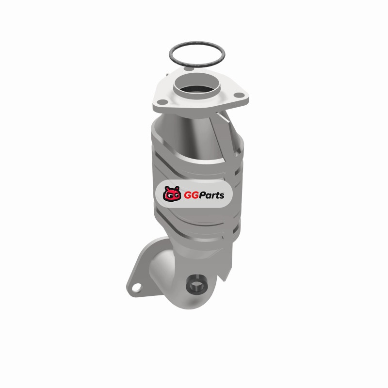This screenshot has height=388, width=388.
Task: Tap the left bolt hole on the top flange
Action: coord(162,101)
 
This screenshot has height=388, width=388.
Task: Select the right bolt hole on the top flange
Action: coord(239,95)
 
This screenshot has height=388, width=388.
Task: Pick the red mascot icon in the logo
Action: coord(172,194)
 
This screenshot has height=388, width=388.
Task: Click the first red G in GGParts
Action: coord(188,195)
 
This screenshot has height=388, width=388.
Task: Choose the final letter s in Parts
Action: coord(221,196)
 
